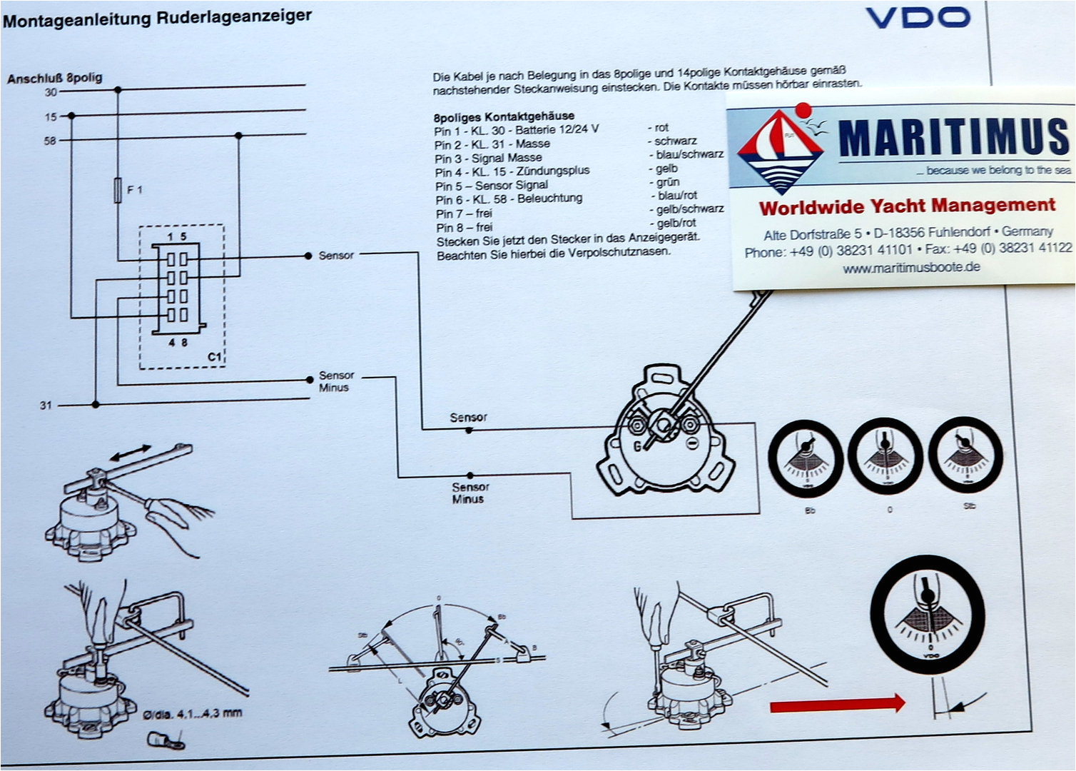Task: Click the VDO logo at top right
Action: (x=918, y=17)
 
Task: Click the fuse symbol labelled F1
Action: (x=118, y=190)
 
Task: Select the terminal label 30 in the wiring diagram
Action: (x=51, y=92)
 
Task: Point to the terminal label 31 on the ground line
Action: (x=46, y=405)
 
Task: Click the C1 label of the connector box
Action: (x=214, y=356)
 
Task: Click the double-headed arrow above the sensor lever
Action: (x=130, y=453)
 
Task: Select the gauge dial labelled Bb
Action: (x=805, y=459)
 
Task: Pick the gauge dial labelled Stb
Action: (x=965, y=455)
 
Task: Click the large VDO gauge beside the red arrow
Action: (x=928, y=614)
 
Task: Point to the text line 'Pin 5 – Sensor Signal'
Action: (x=492, y=185)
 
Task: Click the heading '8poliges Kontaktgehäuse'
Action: (x=503, y=116)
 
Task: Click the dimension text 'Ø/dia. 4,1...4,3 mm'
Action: (x=192, y=713)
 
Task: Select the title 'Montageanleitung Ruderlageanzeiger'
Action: (x=157, y=18)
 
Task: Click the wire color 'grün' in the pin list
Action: (x=668, y=182)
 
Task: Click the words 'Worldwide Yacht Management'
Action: (x=906, y=206)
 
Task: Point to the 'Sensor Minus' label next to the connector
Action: (x=335, y=381)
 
